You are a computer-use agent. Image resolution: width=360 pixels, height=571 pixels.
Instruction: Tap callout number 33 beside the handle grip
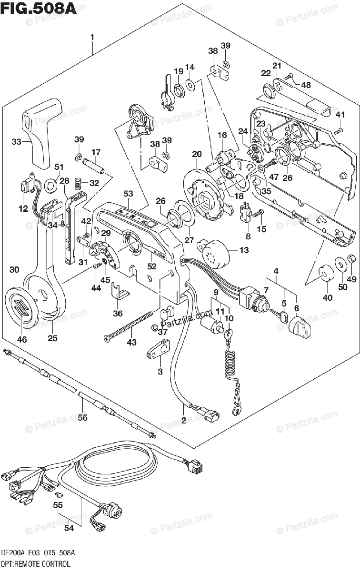pyautogui.click(x=16, y=141)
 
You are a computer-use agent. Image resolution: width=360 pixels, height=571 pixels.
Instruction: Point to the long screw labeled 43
pyautogui.click(x=129, y=325)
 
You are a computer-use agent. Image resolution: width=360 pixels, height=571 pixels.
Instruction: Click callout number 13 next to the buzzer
pyautogui.click(x=244, y=250)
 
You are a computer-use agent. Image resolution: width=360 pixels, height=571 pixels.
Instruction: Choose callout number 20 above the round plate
pyautogui.click(x=197, y=154)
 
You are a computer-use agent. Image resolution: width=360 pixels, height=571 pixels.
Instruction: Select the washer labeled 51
pyautogui.click(x=51, y=186)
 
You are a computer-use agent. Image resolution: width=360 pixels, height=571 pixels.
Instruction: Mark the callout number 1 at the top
pyautogui.click(x=92, y=37)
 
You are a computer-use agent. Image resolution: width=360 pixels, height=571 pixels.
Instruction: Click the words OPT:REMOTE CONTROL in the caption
pyautogui.click(x=36, y=563)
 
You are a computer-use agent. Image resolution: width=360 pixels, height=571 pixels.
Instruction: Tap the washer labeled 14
pyautogui.click(x=190, y=85)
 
